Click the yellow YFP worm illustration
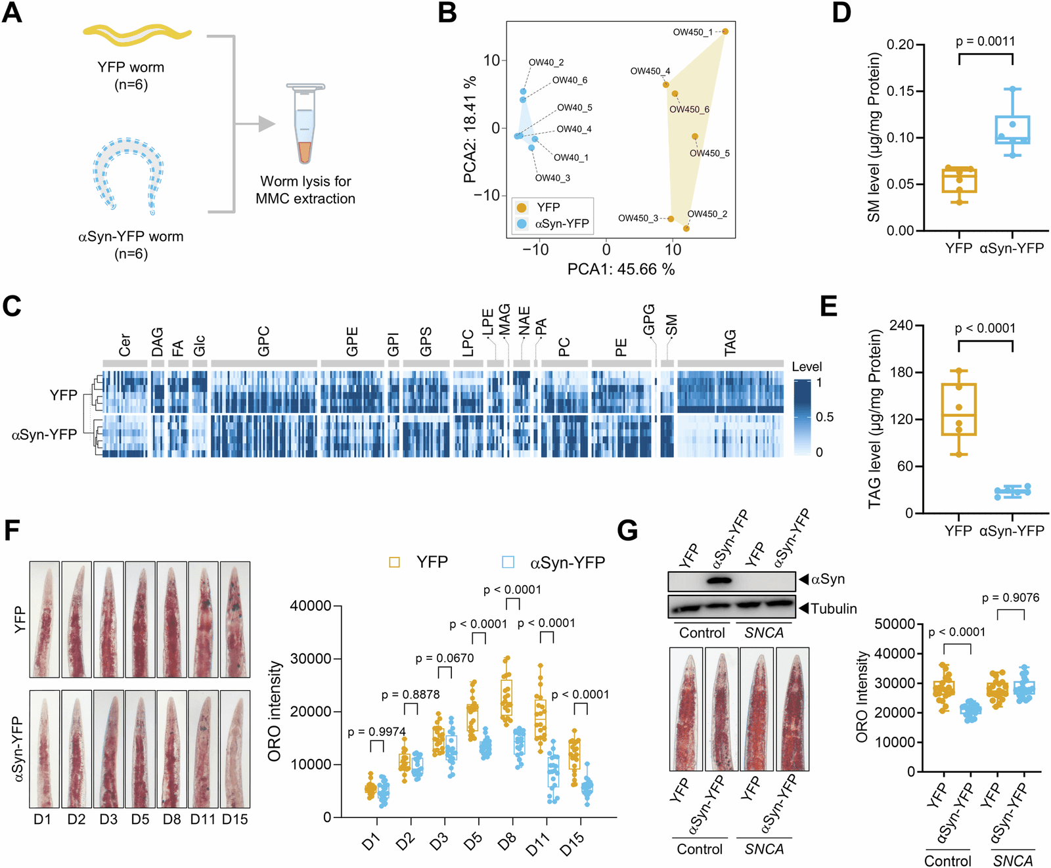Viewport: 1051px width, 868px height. click(x=137, y=35)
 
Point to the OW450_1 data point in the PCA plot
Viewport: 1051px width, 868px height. click(x=725, y=32)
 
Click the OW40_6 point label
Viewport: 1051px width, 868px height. click(x=570, y=80)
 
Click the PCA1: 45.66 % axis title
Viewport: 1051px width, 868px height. click(x=621, y=269)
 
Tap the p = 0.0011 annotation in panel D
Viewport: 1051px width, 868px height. click(x=985, y=41)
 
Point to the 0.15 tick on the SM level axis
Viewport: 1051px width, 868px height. click(x=900, y=91)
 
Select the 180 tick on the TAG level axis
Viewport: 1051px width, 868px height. click(x=902, y=372)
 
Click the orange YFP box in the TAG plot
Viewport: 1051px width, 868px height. click(x=958, y=409)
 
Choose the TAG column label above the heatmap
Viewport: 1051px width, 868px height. click(x=730, y=343)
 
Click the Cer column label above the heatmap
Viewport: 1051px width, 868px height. click(x=125, y=345)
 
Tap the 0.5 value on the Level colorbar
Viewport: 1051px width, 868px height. click(x=824, y=418)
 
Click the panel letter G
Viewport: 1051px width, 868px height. click(x=627, y=530)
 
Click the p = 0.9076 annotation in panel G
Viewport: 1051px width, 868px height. click(x=1010, y=598)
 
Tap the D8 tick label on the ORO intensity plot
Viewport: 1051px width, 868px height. click(x=507, y=842)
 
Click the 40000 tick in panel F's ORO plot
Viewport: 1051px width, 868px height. click(x=311, y=605)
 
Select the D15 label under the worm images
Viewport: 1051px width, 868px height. click(x=235, y=819)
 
